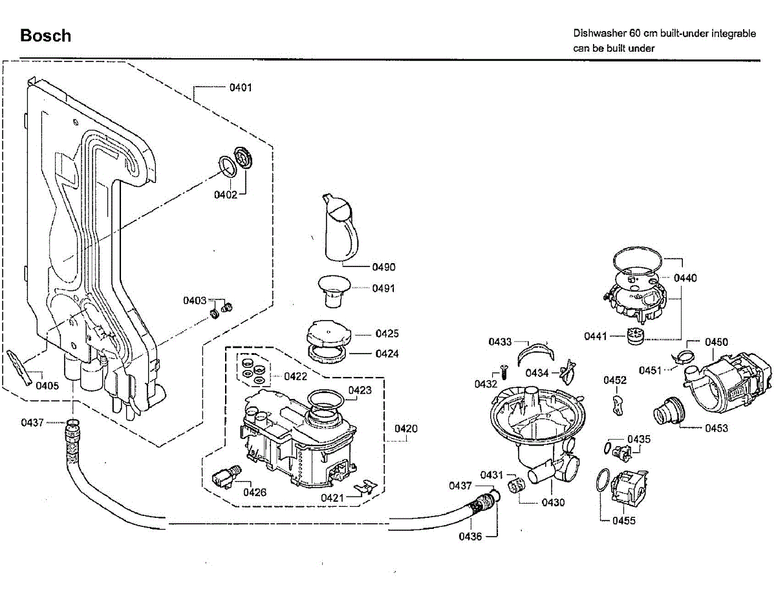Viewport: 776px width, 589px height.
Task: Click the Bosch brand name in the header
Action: [46, 36]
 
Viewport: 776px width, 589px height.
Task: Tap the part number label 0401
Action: [241, 87]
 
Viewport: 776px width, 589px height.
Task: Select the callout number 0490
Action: [383, 267]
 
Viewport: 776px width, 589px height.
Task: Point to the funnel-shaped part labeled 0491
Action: [334, 291]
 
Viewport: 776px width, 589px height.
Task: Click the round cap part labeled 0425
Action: [329, 335]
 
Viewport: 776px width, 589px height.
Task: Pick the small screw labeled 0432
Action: [503, 371]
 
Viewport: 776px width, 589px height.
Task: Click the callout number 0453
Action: [717, 428]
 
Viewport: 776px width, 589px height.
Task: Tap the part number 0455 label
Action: [624, 520]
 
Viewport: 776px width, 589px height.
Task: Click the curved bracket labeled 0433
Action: [535, 354]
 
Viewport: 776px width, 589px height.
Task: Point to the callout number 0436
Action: [470, 537]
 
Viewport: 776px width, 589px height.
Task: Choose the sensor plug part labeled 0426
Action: [226, 477]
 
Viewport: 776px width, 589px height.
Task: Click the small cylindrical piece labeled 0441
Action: [635, 336]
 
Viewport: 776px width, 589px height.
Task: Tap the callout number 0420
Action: [406, 429]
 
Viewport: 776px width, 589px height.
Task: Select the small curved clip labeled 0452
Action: [618, 405]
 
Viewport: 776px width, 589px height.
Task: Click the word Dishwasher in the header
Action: [599, 34]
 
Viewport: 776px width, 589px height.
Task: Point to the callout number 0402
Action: [226, 195]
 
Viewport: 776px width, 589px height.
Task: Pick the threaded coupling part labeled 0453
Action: [669, 411]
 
